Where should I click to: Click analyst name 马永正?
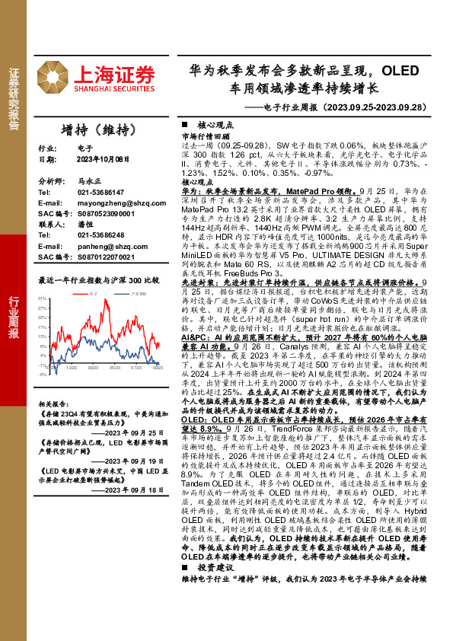point(88,183)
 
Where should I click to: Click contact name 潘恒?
point(85,225)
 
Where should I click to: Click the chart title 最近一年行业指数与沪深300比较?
point(99,279)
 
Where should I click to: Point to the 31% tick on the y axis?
point(43,298)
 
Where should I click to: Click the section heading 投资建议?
point(212,568)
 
